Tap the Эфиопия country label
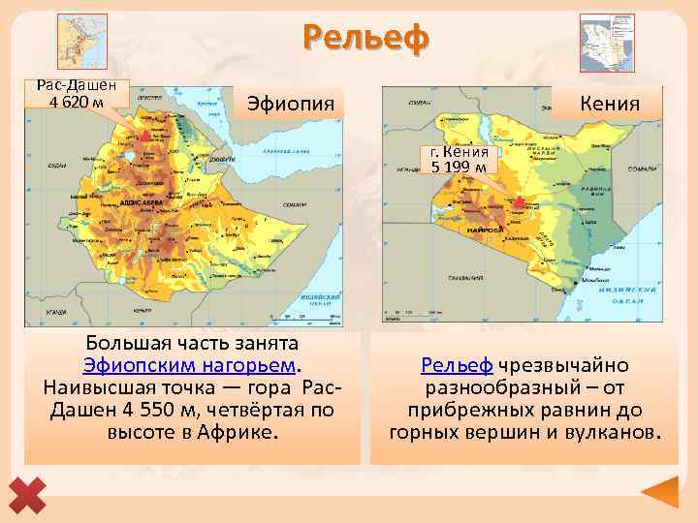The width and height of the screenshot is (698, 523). click(x=291, y=103)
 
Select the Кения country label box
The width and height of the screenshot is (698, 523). click(x=609, y=102)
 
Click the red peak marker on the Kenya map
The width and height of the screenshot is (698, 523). click(x=520, y=202)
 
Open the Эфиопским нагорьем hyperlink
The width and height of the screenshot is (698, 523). click(x=191, y=365)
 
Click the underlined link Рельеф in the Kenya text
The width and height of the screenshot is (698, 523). click(x=457, y=365)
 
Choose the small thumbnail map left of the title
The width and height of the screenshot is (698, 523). click(x=82, y=42)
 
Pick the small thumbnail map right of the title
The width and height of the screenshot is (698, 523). click(x=606, y=42)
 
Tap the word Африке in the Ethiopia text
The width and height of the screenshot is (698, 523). click(x=238, y=431)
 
